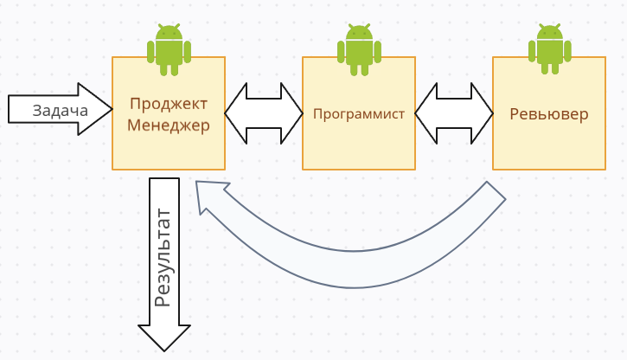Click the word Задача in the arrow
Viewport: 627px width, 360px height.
[x=60, y=110]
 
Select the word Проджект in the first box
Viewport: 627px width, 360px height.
[x=169, y=104]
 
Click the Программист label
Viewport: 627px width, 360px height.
[x=358, y=113]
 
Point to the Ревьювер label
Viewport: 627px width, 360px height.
[x=548, y=113]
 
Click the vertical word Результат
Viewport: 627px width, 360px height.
[x=163, y=257]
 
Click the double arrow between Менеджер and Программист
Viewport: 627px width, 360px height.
[x=264, y=113]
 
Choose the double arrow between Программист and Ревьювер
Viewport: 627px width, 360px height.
[x=454, y=113]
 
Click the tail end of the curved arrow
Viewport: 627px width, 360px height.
[x=494, y=195]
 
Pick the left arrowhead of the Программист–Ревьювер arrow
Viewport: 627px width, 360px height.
[x=425, y=113]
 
